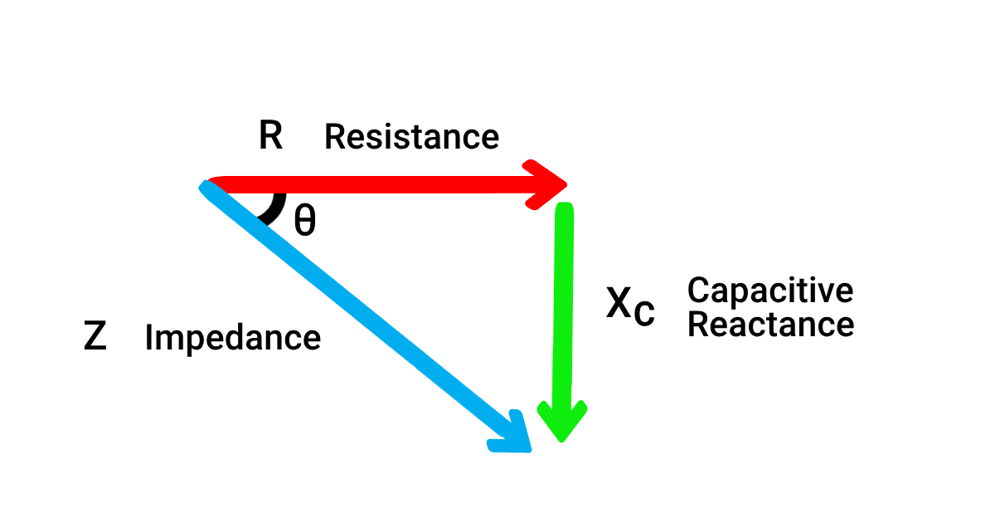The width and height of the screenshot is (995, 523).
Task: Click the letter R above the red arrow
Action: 270,136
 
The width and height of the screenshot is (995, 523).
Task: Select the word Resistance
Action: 411,137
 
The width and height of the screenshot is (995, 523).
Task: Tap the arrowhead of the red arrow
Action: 549,183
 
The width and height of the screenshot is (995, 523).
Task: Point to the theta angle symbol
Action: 305,221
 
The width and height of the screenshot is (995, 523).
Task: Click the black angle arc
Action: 274,209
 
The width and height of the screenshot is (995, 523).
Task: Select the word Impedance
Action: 232,339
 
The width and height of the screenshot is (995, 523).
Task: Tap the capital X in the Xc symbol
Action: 619,305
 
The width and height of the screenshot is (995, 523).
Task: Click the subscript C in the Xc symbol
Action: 644,314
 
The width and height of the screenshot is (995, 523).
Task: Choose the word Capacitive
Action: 769,291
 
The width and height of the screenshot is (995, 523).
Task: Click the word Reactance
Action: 770,324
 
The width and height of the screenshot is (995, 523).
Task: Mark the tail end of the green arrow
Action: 564,208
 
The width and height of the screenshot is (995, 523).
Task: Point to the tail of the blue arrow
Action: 207,188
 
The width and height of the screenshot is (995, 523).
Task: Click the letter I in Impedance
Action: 149,338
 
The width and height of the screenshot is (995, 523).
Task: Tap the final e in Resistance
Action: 491,139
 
